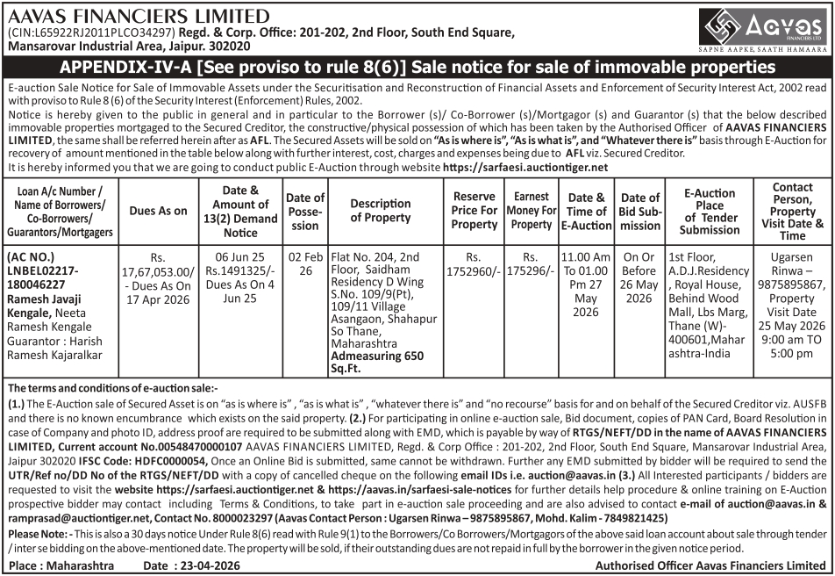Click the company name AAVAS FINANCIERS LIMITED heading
[x=139, y=16]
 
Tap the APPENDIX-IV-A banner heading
[x=417, y=68]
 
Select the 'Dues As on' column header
[x=158, y=211]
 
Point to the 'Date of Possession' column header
[x=305, y=211]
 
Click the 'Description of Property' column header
[x=381, y=211]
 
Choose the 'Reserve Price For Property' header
[x=475, y=211]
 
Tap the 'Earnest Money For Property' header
[x=532, y=211]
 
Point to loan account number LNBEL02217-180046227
[x=53, y=277]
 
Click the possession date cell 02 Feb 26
[x=305, y=264]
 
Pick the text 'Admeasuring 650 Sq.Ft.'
[x=376, y=363]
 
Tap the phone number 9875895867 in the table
[x=793, y=285]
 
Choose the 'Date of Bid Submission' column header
[x=640, y=211]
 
